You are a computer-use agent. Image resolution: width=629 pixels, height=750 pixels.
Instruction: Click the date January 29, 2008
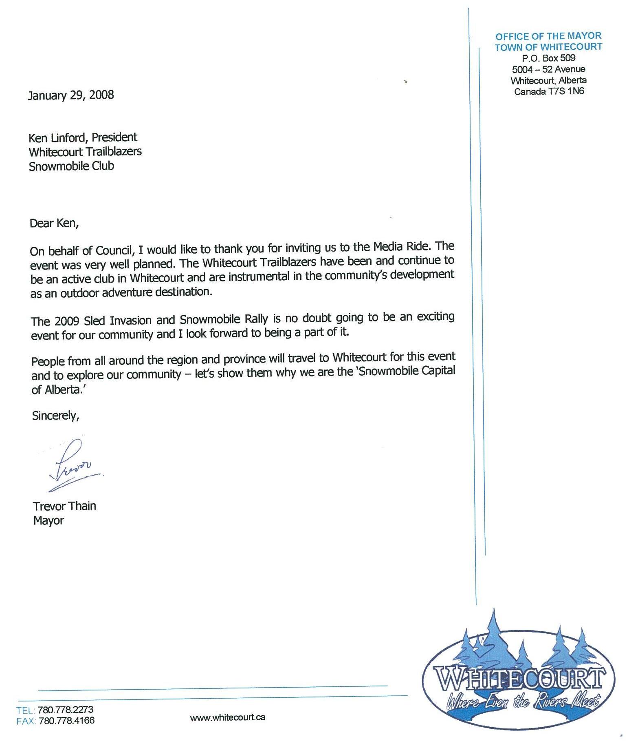coord(71,95)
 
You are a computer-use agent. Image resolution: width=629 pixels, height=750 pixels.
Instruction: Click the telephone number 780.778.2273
coord(66,710)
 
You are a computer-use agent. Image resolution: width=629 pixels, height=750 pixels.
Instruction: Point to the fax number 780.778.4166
coord(66,720)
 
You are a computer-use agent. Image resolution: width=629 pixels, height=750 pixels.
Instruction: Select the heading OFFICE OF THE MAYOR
coord(548,36)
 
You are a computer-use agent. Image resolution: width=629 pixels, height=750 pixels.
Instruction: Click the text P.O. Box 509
coord(548,58)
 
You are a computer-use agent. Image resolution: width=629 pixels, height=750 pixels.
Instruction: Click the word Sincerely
coord(55,416)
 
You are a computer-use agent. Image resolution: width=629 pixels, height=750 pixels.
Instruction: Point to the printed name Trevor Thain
coord(64,506)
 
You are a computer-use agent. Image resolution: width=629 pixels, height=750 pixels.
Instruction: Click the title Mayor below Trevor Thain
coord(48,521)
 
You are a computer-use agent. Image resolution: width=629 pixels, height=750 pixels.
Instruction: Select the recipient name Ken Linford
coord(57,137)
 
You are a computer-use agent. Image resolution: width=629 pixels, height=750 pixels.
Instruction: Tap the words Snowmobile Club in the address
coord(71,166)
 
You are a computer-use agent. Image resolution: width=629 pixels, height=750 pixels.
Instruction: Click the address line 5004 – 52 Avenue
coord(548,69)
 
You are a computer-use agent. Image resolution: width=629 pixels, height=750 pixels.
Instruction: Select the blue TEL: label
coord(26,710)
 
